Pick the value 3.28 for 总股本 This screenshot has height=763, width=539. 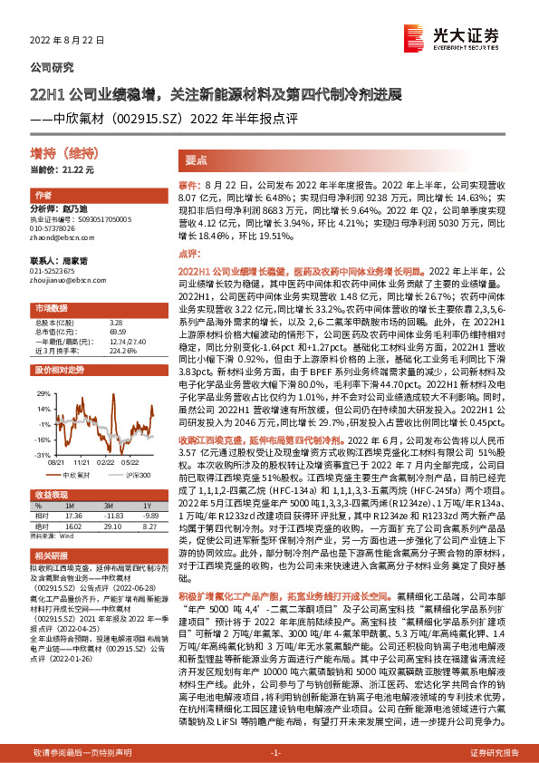115,322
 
